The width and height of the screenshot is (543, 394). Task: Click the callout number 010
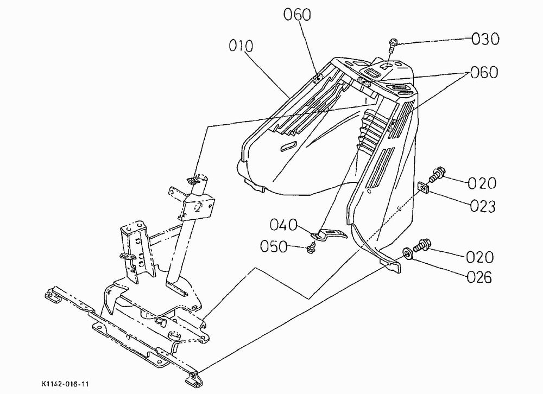(241, 46)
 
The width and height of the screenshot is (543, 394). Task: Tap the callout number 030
(485, 39)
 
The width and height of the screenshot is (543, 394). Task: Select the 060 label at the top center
(298, 15)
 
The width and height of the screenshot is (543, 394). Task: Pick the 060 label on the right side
(484, 72)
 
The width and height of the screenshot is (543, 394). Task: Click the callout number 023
(483, 206)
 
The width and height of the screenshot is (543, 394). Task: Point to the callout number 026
(479, 277)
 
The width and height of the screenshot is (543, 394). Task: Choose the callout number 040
(283, 225)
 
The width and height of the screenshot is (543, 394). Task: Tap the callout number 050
(274, 247)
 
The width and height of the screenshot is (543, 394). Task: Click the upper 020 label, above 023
(482, 183)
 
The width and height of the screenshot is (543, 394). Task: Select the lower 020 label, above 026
(479, 257)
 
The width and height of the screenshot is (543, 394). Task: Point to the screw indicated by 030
(393, 45)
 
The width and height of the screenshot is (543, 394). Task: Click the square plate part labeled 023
(424, 187)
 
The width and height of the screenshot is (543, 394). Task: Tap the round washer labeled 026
(407, 253)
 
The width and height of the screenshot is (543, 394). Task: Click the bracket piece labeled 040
(329, 234)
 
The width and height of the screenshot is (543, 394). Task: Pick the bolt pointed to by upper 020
(437, 175)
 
